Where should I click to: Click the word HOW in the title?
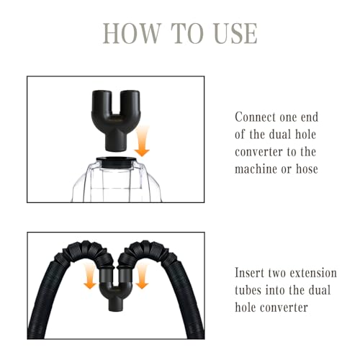coord(132,34)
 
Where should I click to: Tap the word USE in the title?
coord(235,34)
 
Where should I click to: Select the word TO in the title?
coord(187,34)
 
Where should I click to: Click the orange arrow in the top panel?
coord(142,141)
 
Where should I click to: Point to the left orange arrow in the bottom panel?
coord(90,276)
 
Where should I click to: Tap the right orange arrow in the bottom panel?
coord(142,276)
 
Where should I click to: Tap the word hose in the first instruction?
coord(307,169)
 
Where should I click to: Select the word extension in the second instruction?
coord(313,273)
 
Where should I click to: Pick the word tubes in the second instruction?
coord(248,290)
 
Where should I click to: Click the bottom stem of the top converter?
coord(116,142)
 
